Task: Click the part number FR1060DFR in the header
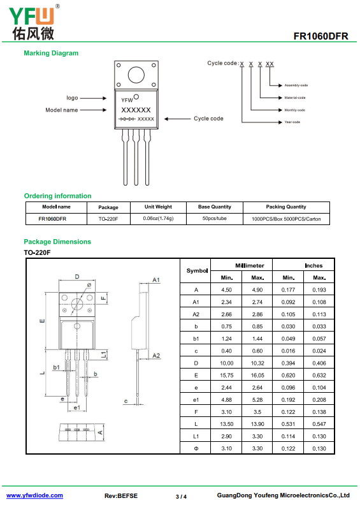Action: [320, 36]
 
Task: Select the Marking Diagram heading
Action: [51, 53]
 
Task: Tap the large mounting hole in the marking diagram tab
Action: [136, 75]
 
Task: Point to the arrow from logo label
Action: [94, 98]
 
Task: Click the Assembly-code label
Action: [296, 85]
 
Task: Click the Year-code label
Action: [292, 122]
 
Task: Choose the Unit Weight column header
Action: [158, 207]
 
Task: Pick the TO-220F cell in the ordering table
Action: [108, 219]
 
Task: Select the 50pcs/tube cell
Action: [215, 219]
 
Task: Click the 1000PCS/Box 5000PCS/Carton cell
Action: [286, 219]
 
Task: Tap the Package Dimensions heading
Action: [57, 242]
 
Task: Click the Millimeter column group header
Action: [250, 265]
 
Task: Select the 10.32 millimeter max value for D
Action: [257, 363]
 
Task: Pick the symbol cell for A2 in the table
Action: [196, 314]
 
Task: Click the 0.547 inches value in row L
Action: [319, 424]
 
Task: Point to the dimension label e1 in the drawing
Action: [76, 407]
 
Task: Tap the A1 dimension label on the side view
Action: [156, 280]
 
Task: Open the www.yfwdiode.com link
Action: [34, 495]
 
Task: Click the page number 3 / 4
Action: [181, 497]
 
